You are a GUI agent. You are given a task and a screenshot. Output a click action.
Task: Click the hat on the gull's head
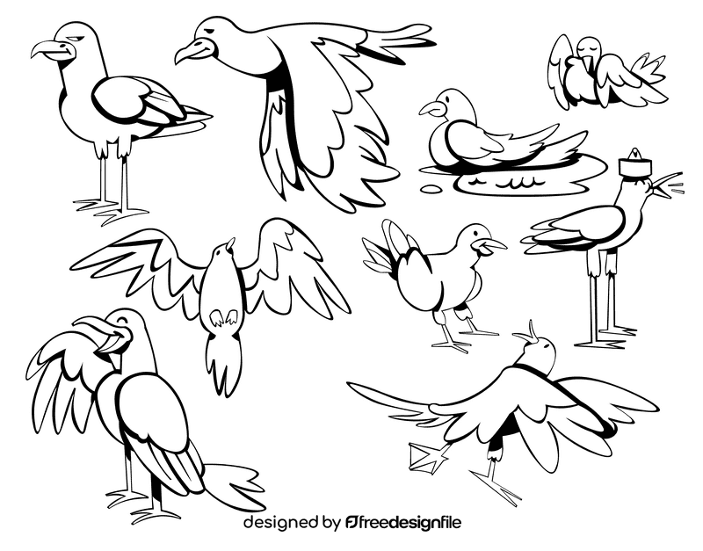633,164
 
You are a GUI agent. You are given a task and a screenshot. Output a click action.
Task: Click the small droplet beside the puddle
431,188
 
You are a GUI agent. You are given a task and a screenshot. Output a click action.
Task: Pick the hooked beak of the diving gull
187,54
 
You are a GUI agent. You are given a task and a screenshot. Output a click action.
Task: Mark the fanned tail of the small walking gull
381,250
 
